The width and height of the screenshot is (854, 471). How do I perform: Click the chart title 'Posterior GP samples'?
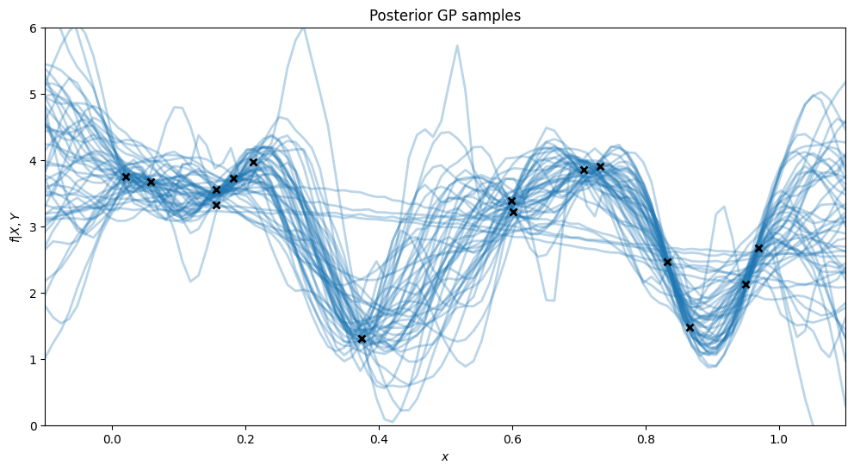(445, 15)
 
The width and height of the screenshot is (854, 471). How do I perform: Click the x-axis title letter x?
(445, 457)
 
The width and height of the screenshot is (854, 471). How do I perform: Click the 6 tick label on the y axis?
(33, 28)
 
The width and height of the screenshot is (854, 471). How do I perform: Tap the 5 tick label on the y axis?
(33, 95)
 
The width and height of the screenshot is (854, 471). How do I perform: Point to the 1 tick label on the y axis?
(33, 359)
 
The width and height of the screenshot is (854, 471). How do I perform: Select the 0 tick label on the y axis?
(33, 425)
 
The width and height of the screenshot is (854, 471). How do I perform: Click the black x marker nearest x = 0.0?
(126, 177)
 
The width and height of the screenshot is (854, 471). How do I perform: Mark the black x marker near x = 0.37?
(362, 338)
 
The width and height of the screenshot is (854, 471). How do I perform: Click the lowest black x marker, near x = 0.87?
(690, 327)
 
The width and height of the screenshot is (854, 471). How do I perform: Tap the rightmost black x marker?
(758, 248)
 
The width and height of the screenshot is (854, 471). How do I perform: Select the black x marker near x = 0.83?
(667, 262)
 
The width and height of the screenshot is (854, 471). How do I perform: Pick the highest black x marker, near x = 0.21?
(253, 162)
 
